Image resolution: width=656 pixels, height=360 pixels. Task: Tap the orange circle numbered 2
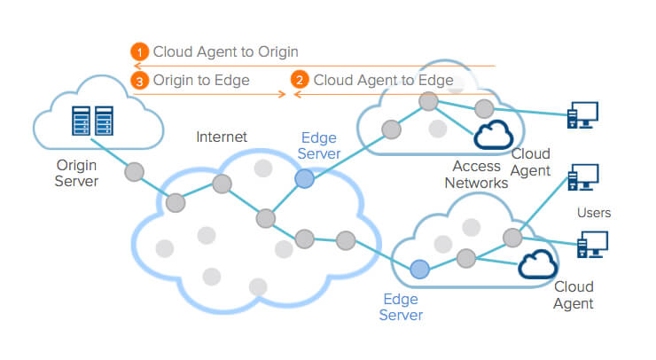pos(300,80)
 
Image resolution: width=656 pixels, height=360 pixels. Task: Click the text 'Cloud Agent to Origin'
pos(225,52)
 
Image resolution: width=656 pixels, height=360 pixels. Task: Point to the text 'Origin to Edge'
pos(201,80)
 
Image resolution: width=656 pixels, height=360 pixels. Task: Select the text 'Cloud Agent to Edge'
pos(383,80)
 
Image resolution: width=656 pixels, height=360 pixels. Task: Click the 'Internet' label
pos(222,137)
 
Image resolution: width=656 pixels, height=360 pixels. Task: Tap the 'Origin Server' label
pos(77,173)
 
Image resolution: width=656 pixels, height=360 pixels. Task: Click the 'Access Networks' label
pos(480,175)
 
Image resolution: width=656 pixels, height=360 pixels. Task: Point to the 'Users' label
pos(594,213)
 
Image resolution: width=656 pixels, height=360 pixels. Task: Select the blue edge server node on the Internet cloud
pos(304,179)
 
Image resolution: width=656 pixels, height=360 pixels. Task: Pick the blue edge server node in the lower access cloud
pos(419,269)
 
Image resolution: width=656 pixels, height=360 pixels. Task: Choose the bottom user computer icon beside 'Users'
pos(592,245)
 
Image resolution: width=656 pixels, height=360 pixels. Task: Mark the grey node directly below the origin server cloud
pos(134,170)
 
